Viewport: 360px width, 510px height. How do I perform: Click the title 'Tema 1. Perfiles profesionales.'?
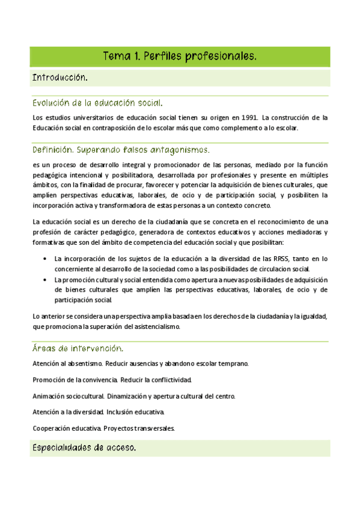pos(180,57)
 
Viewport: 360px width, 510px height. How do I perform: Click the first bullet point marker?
pos(46,259)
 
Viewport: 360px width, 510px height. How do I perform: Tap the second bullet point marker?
pos(46,280)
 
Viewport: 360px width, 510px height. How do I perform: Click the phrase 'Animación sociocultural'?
pos(69,396)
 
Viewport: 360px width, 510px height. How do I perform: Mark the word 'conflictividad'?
pos(169,380)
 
